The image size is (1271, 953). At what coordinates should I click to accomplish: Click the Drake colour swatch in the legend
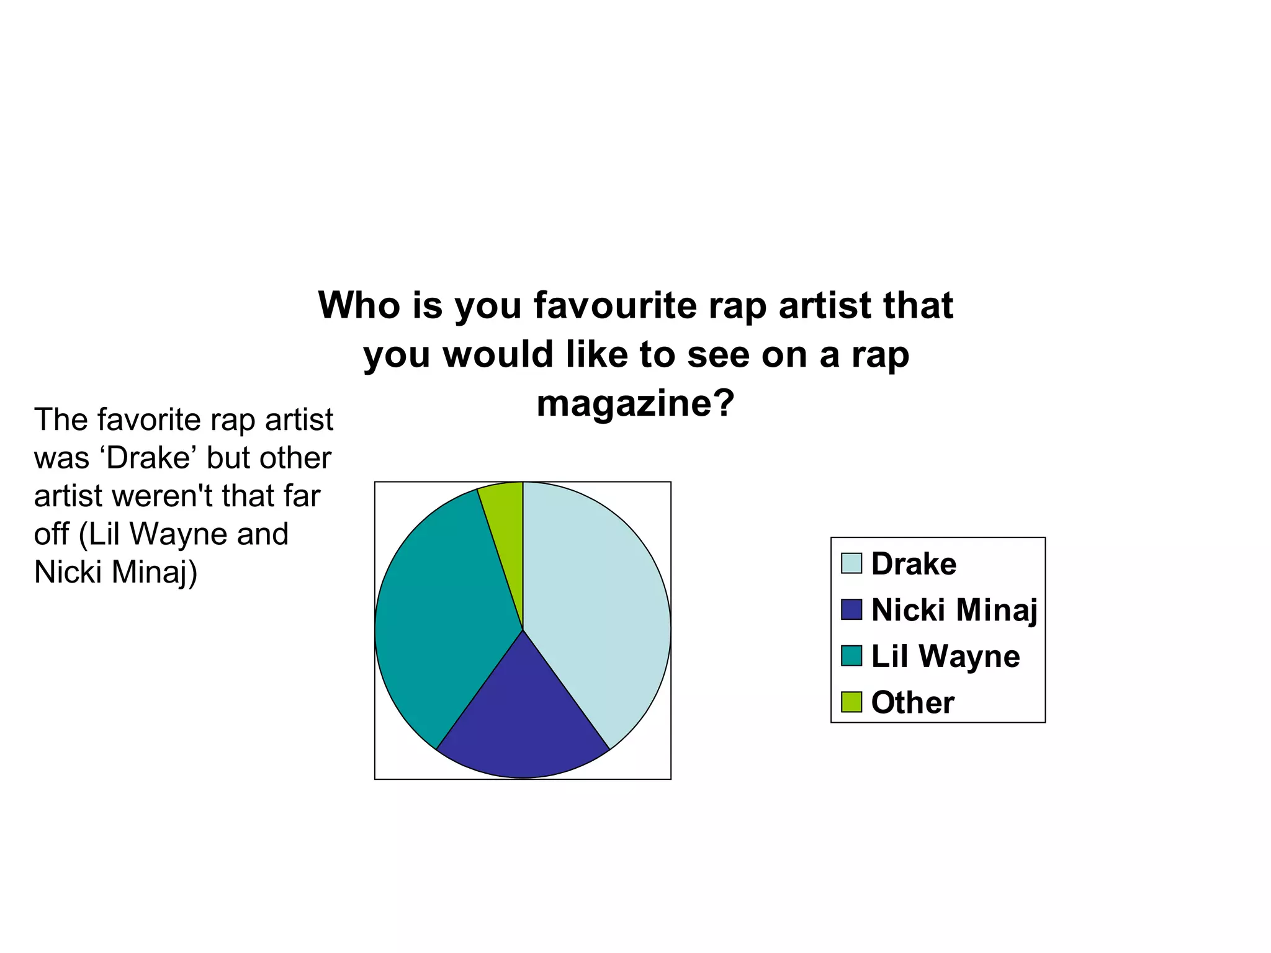tap(851, 563)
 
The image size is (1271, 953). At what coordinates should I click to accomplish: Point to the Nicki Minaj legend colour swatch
tap(851, 609)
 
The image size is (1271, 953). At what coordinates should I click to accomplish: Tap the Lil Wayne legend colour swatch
tap(851, 656)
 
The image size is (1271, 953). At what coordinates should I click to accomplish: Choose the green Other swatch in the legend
tap(851, 702)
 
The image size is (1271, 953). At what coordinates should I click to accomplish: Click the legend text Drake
tap(914, 563)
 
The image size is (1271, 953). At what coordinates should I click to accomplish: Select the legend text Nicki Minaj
tap(954, 609)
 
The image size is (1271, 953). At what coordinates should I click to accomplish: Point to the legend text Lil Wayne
tap(945, 656)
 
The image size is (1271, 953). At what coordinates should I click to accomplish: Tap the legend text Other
tap(912, 702)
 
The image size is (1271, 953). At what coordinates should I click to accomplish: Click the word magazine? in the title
tap(635, 403)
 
